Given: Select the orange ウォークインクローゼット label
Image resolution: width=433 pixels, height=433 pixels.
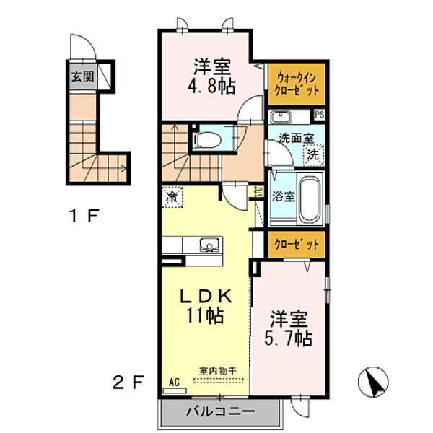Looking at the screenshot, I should coord(296,83).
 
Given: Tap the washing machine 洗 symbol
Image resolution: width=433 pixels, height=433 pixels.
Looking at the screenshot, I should coord(312,154).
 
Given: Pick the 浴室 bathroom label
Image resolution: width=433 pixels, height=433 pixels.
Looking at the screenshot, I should coord(282,196).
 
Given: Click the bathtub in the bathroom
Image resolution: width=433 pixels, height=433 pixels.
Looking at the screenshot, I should coord(310,197).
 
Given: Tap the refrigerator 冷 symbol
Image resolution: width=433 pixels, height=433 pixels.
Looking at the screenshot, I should coord(172,196).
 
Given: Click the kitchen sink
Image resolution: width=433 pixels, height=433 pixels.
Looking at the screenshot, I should coord(208,245).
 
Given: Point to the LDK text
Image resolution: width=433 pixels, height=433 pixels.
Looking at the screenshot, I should coord(205,296).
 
